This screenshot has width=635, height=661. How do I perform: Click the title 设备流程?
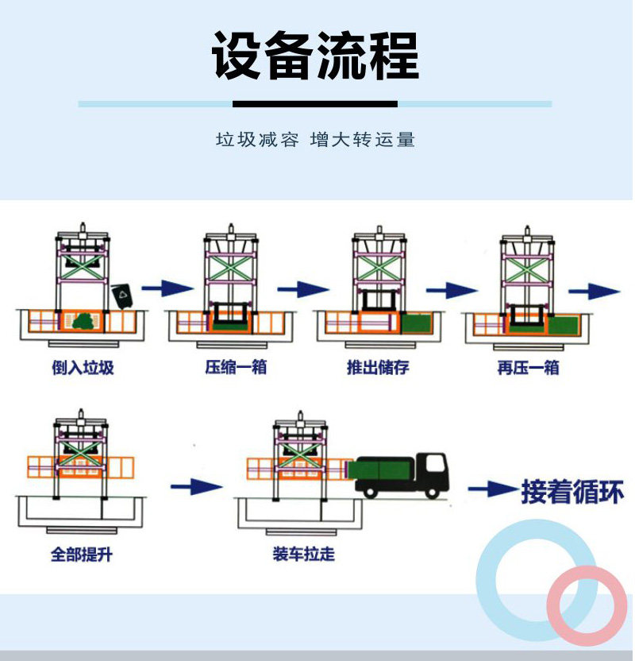pos(315,56)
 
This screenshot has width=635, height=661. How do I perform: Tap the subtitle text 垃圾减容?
pos(257,140)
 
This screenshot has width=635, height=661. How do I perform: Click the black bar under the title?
pos(315,104)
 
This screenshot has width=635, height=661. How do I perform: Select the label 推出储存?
pos(378,369)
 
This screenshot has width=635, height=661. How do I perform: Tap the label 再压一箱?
pos(528,369)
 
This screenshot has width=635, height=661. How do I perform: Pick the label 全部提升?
pos(82,554)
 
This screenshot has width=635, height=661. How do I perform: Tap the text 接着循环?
pos(571,492)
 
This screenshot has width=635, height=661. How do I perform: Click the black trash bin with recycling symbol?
pos(122,296)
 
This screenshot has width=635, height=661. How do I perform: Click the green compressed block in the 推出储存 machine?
pos(414,323)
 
